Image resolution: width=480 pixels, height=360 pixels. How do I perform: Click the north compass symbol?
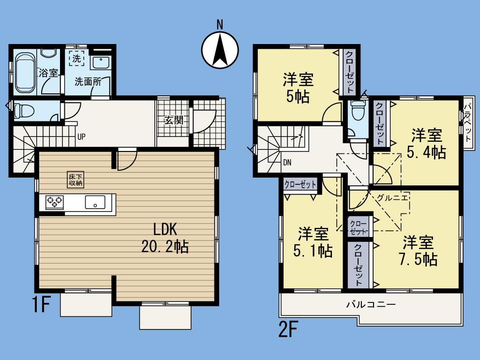click(220, 48)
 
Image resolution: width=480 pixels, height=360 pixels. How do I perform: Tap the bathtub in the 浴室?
click(24, 73)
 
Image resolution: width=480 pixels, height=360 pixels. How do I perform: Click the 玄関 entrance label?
click(173, 120)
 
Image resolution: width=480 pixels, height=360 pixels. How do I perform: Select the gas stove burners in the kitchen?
click(55, 202)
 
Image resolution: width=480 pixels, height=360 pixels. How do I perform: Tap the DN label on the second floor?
click(287, 163)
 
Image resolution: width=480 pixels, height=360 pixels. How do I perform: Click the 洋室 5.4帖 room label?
click(426, 144)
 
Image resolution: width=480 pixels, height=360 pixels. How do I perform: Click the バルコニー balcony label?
click(371, 304)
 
